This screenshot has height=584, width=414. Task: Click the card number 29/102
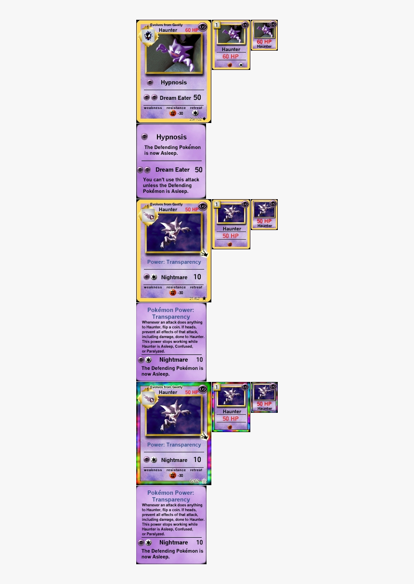[x=195, y=119]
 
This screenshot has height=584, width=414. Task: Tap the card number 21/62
[x=194, y=299]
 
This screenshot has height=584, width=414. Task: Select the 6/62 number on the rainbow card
[x=194, y=481]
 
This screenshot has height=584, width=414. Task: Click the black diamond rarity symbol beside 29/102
[x=205, y=118]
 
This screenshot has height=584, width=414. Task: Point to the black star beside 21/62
[x=204, y=299]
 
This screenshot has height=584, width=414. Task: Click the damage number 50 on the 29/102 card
[x=197, y=97]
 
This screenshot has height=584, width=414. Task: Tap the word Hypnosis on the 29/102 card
[x=174, y=82]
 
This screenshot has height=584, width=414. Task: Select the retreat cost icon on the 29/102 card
[x=195, y=113]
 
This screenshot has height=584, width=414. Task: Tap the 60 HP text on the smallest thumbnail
[x=264, y=42]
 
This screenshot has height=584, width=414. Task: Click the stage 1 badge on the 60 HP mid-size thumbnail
[x=217, y=25]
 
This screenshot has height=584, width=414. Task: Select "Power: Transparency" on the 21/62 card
[x=174, y=262]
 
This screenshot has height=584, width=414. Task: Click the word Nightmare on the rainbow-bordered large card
[x=174, y=460]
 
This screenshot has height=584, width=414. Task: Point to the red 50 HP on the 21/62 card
[x=192, y=210]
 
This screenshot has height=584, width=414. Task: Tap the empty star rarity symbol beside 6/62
[x=204, y=481]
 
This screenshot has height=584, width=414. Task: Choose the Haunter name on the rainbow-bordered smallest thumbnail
[x=264, y=408]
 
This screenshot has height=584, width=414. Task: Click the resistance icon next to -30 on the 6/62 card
[x=173, y=475]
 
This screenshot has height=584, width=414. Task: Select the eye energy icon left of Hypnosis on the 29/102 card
[x=150, y=82]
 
